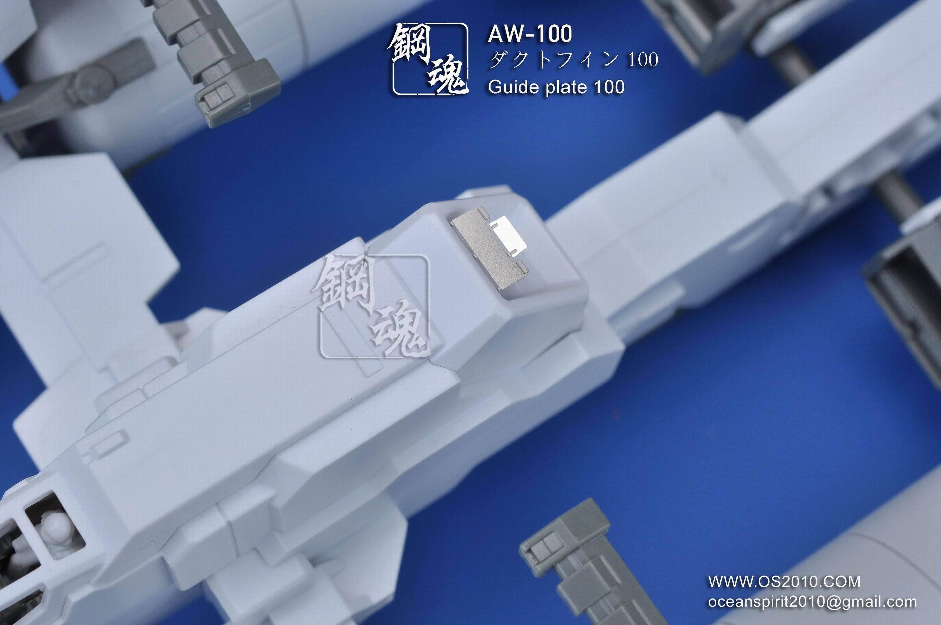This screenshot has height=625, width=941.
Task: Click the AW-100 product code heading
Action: click(530, 34)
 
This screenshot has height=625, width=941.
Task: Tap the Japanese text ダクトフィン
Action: click(554, 60)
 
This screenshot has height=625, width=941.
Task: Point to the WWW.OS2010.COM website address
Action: click(784, 582)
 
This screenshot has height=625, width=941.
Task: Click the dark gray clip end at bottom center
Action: click(558, 550)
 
